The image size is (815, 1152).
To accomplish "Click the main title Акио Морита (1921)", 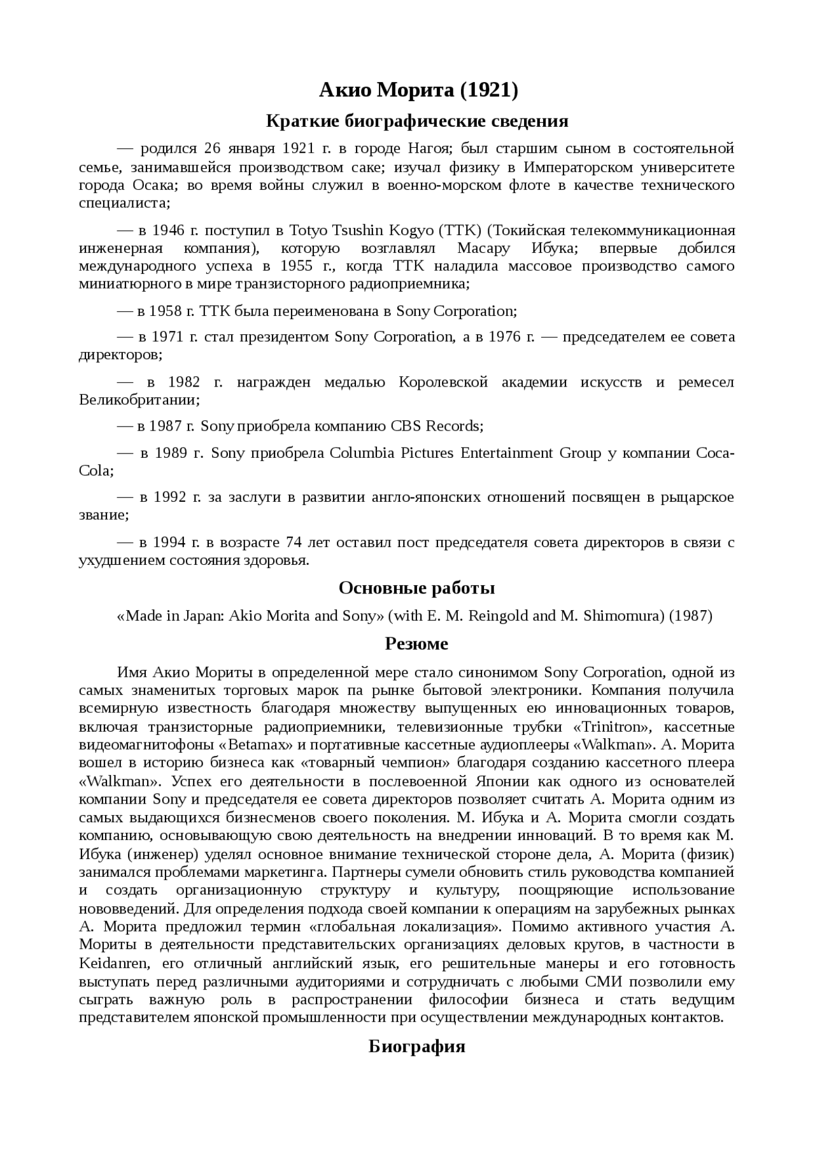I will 418,90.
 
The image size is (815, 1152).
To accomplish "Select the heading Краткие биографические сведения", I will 416,120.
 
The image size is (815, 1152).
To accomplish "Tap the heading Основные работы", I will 416,588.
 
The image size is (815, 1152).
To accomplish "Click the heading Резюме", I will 416,644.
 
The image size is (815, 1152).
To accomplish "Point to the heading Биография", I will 416,1046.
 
